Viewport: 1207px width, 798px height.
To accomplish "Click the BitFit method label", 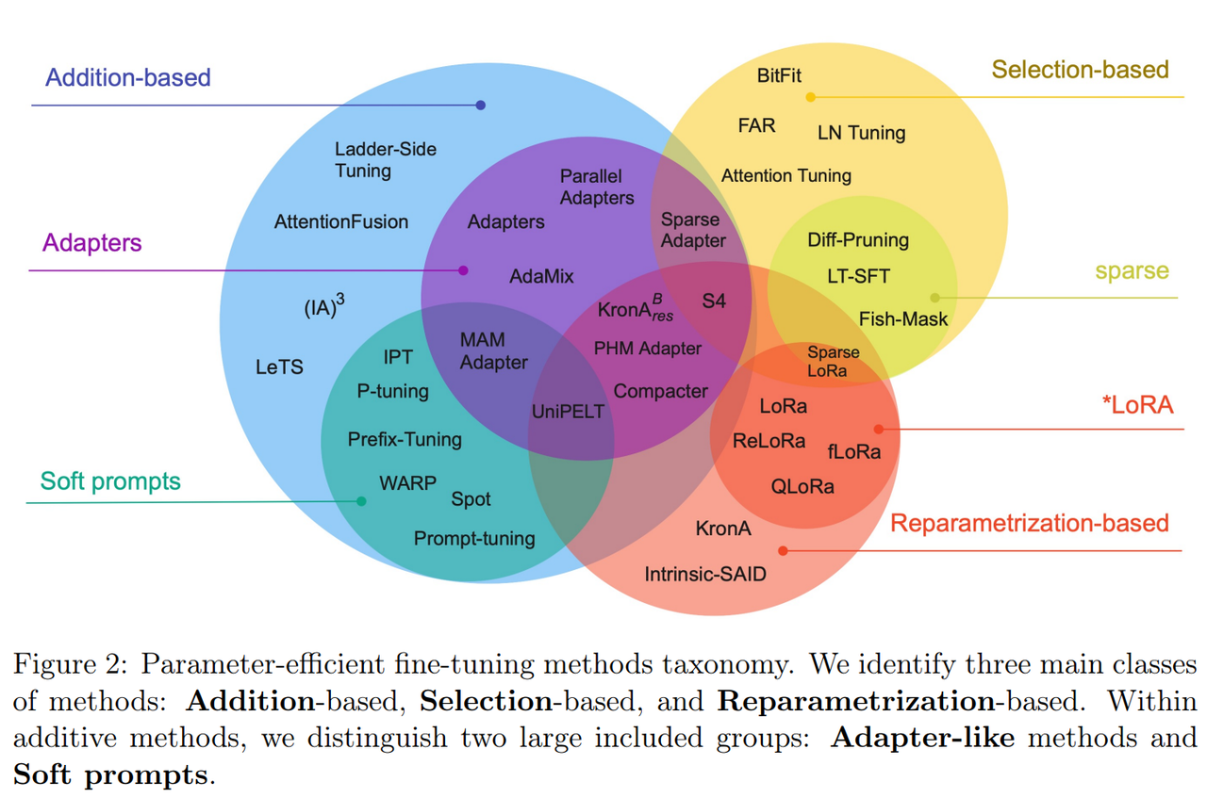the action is (x=779, y=75).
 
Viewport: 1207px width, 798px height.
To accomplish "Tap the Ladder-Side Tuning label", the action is (x=386, y=160).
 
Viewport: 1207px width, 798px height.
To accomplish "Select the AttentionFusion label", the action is (x=341, y=221).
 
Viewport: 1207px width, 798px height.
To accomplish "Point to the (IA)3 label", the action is (x=324, y=306).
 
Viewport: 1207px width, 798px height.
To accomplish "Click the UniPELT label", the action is (x=568, y=412).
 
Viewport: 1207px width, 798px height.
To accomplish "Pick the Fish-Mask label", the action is (x=903, y=318).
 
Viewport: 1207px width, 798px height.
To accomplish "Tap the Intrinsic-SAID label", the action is (x=705, y=574).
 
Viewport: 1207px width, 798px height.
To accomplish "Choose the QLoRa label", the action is (x=802, y=487).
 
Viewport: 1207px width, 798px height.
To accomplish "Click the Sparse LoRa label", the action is (x=833, y=361).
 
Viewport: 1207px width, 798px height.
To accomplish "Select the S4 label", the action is (x=714, y=301).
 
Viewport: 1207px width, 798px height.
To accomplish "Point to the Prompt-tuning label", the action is (x=474, y=539).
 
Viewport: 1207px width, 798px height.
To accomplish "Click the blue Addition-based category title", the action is (x=127, y=77).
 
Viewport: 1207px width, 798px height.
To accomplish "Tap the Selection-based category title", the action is (x=1081, y=70).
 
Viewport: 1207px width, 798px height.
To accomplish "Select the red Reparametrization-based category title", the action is (x=1030, y=524).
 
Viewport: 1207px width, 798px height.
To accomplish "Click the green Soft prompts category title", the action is (x=110, y=481).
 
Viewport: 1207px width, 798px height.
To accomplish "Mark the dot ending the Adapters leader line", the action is (x=463, y=270).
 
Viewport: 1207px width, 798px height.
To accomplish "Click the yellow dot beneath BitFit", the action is (x=810, y=97).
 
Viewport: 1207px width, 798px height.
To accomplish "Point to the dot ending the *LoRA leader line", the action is (x=879, y=430).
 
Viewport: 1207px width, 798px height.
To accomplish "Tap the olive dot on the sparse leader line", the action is (x=934, y=298).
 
